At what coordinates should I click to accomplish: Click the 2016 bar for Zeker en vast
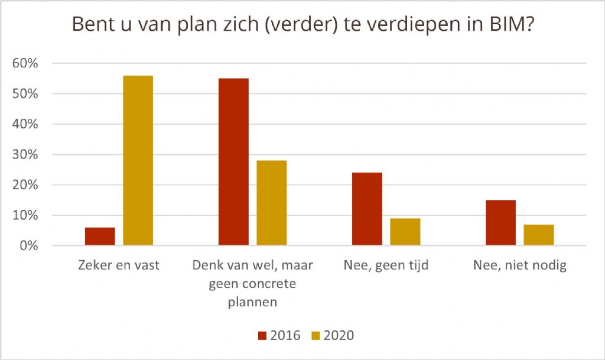click(100, 236)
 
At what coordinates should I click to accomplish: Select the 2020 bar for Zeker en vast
click(138, 161)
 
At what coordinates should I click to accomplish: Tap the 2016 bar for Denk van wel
click(233, 162)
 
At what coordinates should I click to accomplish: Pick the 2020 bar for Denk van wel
click(272, 203)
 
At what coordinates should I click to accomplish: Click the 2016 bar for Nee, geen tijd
click(367, 209)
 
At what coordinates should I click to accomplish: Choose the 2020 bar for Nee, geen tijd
click(405, 232)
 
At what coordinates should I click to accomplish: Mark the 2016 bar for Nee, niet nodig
click(500, 223)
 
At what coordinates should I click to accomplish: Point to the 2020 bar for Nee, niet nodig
click(539, 235)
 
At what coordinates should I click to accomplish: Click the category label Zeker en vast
click(119, 265)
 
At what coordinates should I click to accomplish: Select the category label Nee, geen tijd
click(386, 265)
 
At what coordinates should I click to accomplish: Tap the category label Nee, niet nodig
click(520, 265)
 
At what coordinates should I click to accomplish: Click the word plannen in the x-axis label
click(252, 303)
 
